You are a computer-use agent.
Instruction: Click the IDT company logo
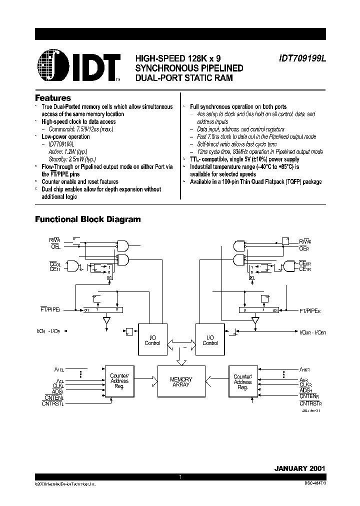tap(78, 66)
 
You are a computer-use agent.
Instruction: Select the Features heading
tap(52, 98)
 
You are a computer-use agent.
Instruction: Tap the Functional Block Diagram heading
tap(87, 219)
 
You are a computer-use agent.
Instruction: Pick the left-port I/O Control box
tap(152, 340)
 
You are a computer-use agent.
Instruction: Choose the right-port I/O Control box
tap(210, 340)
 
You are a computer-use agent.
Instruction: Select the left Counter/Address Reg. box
tap(119, 381)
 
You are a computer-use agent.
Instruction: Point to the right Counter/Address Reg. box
tap(242, 381)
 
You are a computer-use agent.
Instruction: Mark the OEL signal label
tap(55, 247)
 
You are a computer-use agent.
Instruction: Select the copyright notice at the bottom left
tap(65, 484)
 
